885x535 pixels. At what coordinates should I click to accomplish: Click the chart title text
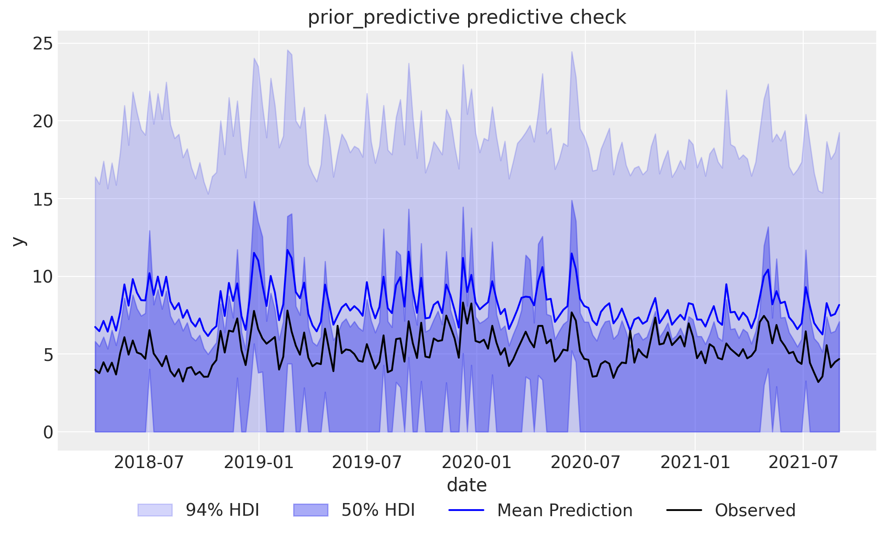click(x=467, y=17)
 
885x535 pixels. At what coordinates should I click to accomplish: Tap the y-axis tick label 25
click(x=42, y=44)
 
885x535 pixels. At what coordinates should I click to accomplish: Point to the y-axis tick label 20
click(x=42, y=121)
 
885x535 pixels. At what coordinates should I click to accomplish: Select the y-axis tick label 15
click(x=42, y=199)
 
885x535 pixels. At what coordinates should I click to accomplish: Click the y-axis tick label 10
click(x=42, y=276)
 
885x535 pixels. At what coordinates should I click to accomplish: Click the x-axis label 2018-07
click(x=149, y=462)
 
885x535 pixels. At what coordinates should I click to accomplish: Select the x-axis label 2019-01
click(x=259, y=462)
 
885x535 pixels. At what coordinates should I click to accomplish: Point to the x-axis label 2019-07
click(x=367, y=462)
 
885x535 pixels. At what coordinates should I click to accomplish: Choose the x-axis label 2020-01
click(x=476, y=462)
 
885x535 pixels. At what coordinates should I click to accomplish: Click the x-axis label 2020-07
click(x=585, y=462)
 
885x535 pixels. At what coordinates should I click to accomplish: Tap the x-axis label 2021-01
click(x=695, y=462)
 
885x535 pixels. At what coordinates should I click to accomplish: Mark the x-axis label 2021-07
click(x=803, y=462)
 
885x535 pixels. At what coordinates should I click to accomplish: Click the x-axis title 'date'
click(x=467, y=485)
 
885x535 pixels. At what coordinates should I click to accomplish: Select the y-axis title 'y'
click(x=18, y=241)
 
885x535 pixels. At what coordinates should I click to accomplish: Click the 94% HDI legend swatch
click(x=155, y=510)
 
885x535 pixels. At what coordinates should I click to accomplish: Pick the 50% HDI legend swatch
click(x=311, y=510)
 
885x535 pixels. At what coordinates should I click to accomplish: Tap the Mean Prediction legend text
click(x=565, y=511)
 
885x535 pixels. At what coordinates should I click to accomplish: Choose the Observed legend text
click(x=755, y=511)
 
